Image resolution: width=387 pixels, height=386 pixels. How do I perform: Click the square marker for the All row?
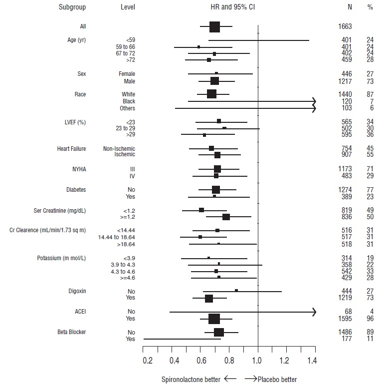[x=214, y=26]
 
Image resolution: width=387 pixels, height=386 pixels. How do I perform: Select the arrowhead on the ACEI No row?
[x=314, y=312]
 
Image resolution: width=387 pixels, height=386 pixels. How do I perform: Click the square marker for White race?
[x=211, y=94]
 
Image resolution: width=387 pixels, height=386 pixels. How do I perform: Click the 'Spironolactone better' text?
[x=191, y=380]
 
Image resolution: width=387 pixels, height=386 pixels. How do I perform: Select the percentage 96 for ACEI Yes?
[x=370, y=319]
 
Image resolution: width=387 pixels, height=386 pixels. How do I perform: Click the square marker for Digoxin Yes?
[x=209, y=299]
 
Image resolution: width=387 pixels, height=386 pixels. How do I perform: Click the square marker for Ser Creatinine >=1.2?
[x=226, y=217]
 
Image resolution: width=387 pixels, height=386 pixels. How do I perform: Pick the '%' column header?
[x=370, y=7]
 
